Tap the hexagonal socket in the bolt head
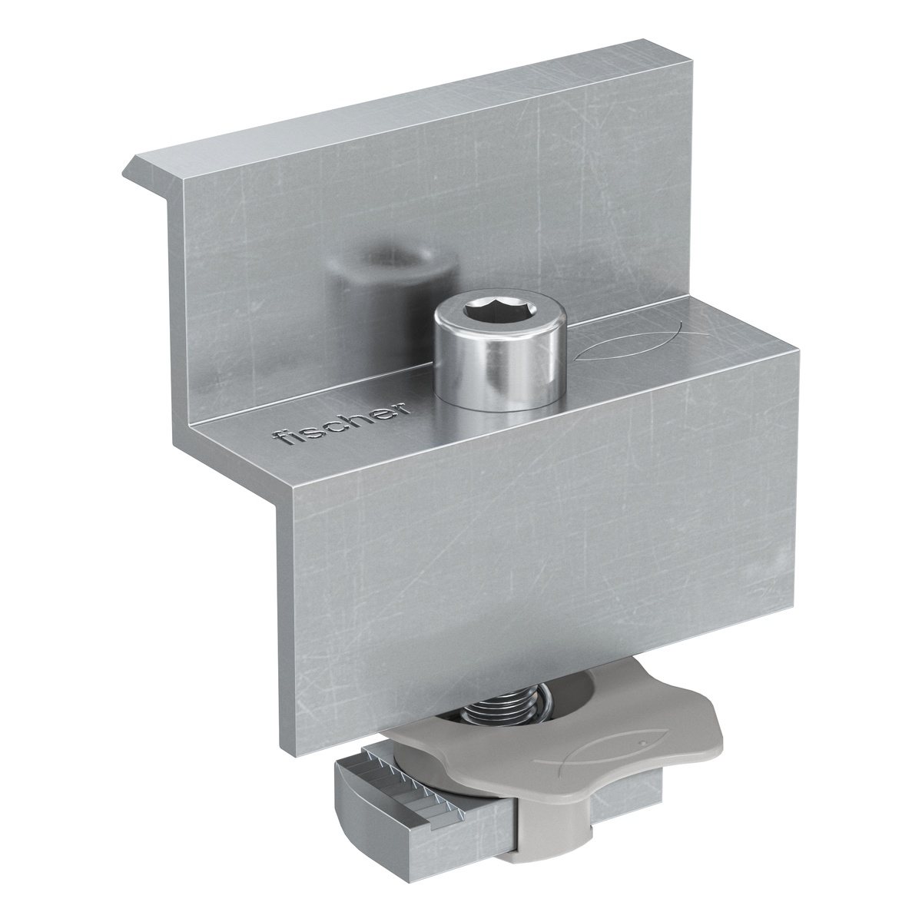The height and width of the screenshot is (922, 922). coord(499,314)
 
